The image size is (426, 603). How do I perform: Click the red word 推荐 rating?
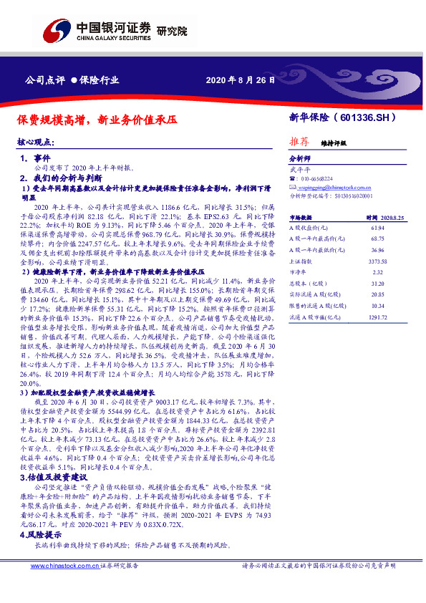coord(299,142)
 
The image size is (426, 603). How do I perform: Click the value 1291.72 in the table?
coord(377,316)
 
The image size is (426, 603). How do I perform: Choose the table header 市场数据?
coord(301,216)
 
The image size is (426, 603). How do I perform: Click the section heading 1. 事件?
coord(35,158)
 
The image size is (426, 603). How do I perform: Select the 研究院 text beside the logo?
coord(172,32)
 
